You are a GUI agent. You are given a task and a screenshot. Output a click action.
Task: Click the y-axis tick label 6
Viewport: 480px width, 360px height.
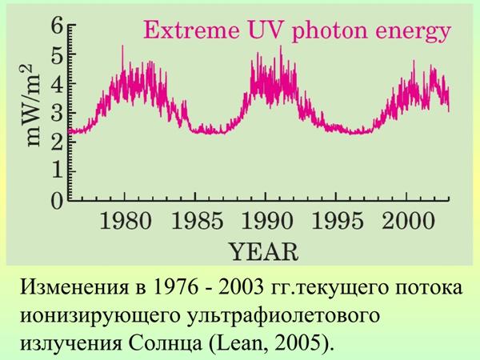pos(57,25)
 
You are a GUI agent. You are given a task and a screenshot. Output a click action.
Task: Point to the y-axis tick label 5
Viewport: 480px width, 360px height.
pos(57,54)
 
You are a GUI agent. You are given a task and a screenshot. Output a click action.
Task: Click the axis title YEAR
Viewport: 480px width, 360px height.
pos(265,252)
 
